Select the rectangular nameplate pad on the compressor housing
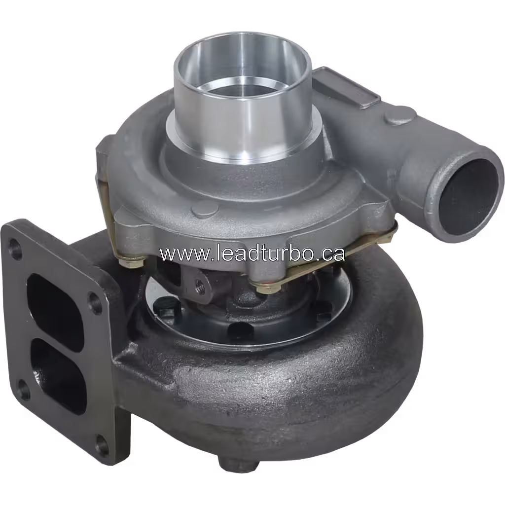pyautogui.click(x=346, y=85)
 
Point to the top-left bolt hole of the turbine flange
pyautogui.click(x=14, y=244)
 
